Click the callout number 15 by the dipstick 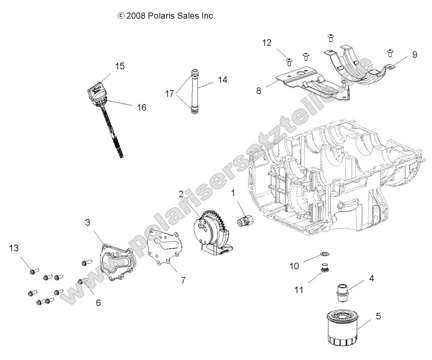tap(119, 66)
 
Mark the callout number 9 tap(415, 54)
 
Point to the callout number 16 tap(141, 108)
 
